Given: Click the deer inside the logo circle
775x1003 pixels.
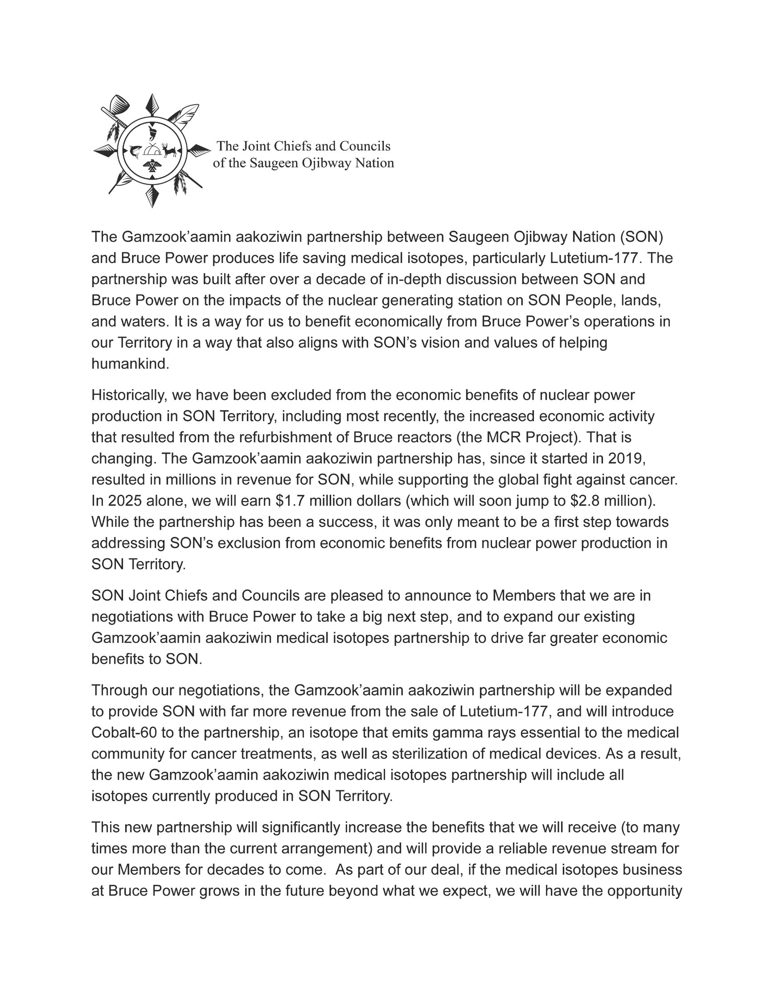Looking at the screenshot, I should [168, 150].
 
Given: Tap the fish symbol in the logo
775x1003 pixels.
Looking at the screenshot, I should [135, 150].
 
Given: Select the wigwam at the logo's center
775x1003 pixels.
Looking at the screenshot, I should [152, 149].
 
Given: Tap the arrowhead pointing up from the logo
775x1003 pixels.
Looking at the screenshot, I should [152, 104].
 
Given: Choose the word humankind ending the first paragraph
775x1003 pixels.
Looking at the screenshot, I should [130, 364].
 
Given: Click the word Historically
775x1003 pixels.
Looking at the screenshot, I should [124, 395].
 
